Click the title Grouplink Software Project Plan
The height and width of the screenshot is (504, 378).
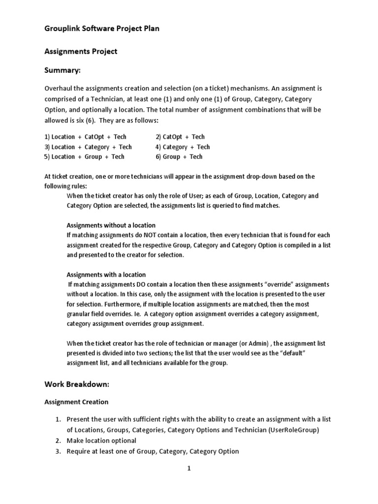tap(102, 29)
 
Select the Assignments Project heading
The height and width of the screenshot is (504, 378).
tap(81, 51)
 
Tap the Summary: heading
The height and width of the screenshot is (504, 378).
tap(62, 70)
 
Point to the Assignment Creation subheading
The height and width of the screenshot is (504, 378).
tap(76, 402)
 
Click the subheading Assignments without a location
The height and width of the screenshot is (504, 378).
tap(111, 225)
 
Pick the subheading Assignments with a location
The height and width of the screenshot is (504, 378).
tap(106, 274)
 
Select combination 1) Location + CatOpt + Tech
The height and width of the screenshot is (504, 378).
tap(85, 137)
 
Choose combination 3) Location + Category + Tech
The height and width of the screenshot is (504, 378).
tap(88, 147)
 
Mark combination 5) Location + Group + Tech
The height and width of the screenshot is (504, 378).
tap(84, 157)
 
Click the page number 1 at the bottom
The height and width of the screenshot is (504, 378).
tap(189, 469)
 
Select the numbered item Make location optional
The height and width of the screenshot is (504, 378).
tap(101, 441)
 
